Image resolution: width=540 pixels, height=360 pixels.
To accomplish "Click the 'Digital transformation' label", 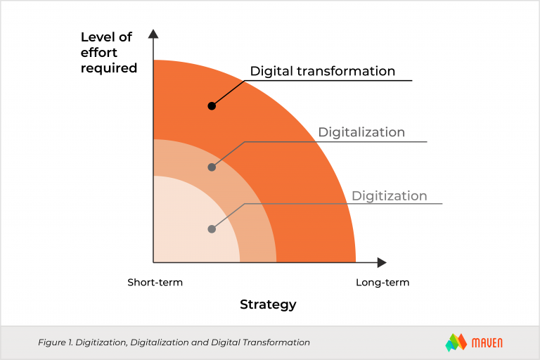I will pos(323,71).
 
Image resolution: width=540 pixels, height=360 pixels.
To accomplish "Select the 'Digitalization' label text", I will pos(361,132).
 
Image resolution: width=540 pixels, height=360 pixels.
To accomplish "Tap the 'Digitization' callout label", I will pos(389,195).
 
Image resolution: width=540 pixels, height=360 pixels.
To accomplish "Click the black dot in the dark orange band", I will pos(212,105).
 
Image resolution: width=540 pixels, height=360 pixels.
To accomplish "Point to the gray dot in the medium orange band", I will pos(212,167).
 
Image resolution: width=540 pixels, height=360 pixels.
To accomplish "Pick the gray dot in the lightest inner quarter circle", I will pos(212,229).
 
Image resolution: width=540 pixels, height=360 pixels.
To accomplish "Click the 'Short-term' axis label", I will pos(155,283).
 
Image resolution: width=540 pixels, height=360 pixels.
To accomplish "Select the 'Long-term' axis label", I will pos(382,283).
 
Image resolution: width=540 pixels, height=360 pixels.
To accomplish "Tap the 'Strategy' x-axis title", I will pos(268,304).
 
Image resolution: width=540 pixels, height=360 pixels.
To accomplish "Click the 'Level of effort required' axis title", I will pos(108,53).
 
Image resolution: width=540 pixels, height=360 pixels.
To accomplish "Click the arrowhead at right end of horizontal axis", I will pos(382,262).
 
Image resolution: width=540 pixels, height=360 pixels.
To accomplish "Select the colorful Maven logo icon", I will pos(456,342).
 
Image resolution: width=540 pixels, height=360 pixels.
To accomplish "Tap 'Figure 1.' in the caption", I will pos(55,342).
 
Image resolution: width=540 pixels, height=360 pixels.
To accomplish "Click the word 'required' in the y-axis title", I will pos(108,68).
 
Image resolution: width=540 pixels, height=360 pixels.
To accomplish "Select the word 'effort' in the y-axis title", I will pos(99,53).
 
